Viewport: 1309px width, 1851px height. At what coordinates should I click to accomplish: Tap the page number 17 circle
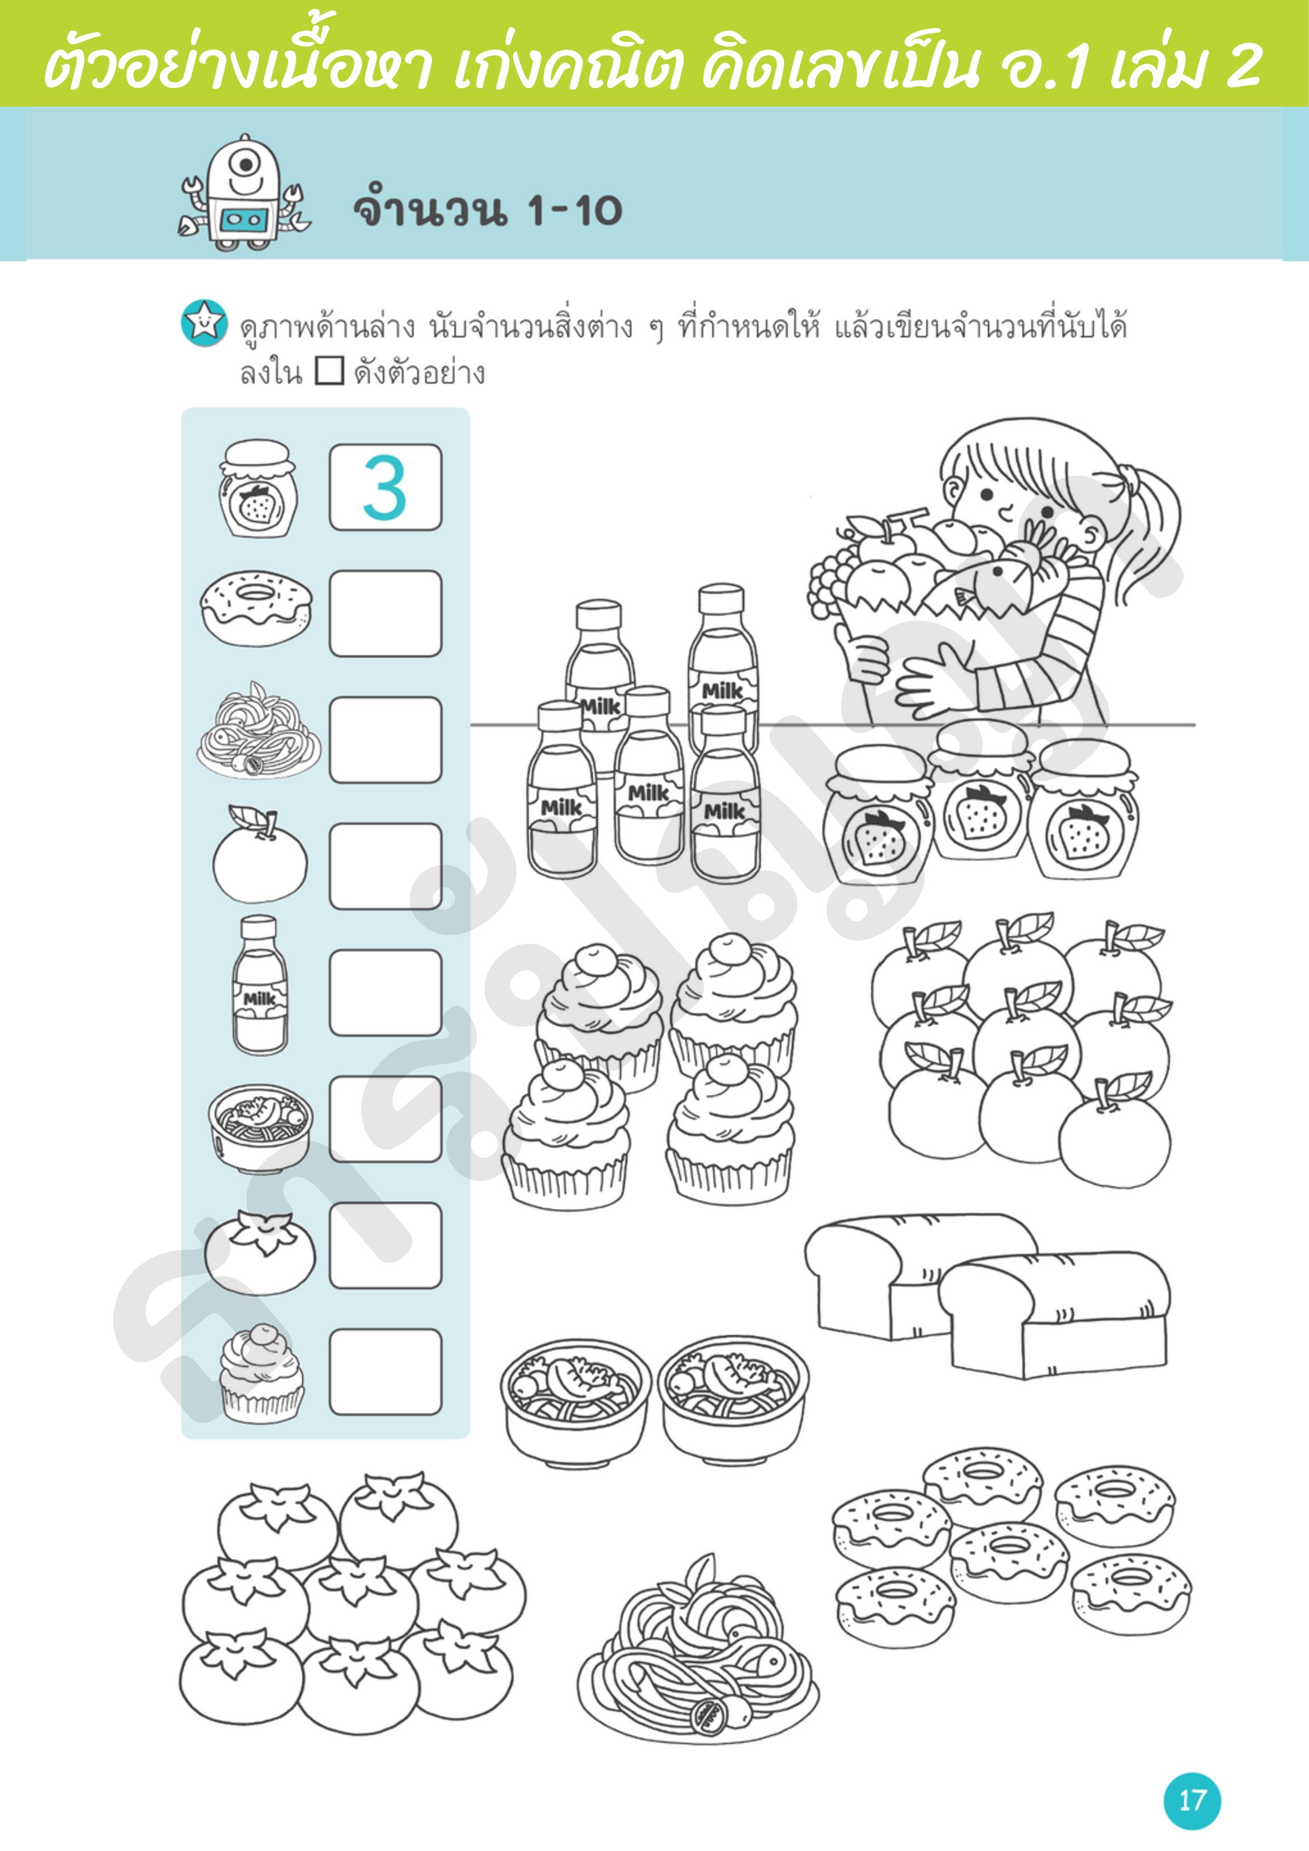[x=1191, y=1800]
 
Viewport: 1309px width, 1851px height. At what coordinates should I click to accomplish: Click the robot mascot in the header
[x=244, y=192]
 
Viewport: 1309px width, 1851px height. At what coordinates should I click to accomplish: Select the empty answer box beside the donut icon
[x=386, y=613]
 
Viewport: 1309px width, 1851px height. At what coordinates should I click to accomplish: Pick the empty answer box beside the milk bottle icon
[x=386, y=992]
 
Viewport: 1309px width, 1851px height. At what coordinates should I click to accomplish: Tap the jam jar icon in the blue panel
[x=257, y=488]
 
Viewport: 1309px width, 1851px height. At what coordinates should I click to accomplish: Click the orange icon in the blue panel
[x=260, y=853]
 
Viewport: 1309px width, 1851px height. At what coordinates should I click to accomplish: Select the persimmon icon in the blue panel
[x=259, y=1250]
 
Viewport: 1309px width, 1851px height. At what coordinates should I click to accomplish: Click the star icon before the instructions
[x=204, y=323]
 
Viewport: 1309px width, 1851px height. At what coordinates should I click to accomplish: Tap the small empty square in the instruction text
[x=329, y=372]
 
